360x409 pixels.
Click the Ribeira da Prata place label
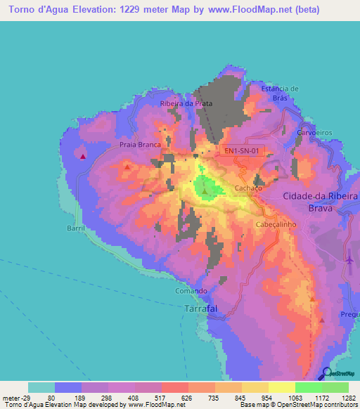186,103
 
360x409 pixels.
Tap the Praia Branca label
141,145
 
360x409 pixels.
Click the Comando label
191,291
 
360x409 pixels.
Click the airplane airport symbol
349,259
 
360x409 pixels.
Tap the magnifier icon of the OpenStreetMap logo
328,373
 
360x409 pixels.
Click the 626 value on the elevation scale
187,397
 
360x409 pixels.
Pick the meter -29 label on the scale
14,397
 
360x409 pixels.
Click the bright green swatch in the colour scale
308,387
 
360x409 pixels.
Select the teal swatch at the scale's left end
41,387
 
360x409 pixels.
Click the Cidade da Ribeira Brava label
321,202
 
